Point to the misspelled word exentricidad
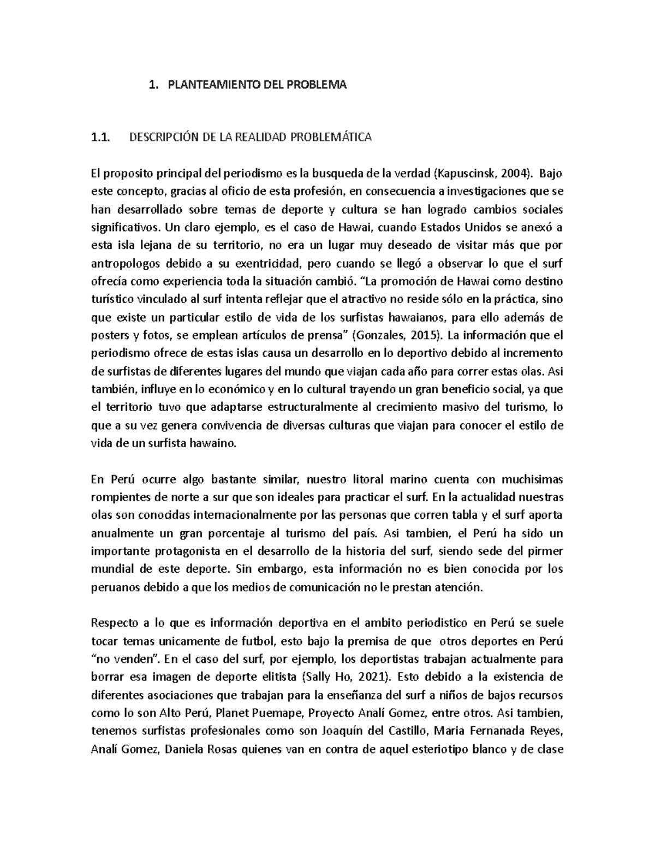(267, 264)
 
